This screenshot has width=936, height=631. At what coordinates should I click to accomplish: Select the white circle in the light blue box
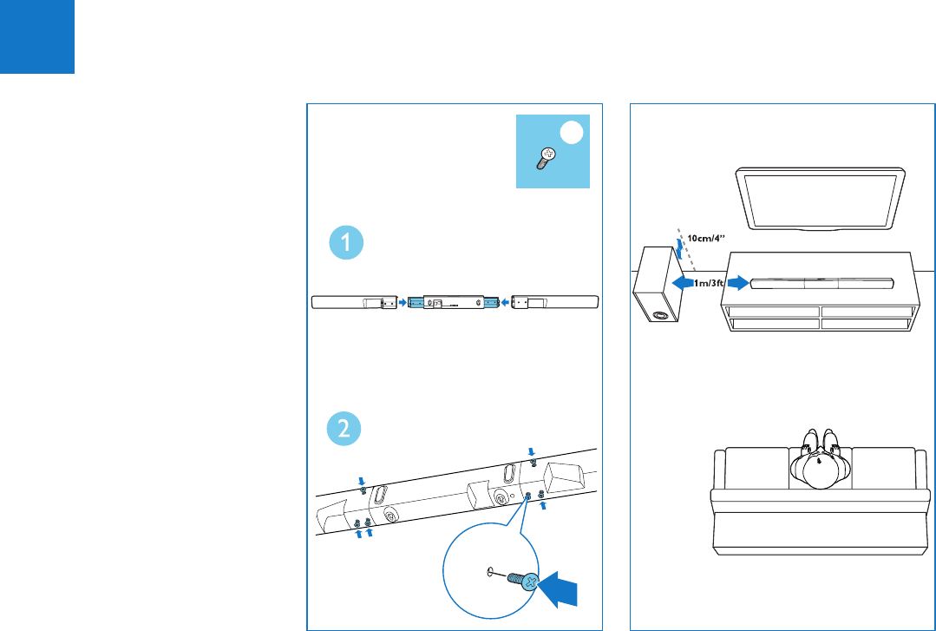[x=571, y=133]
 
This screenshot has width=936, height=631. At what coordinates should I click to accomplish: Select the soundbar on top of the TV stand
[x=822, y=283]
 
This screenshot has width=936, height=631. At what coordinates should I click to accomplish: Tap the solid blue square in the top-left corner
[x=36, y=36]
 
